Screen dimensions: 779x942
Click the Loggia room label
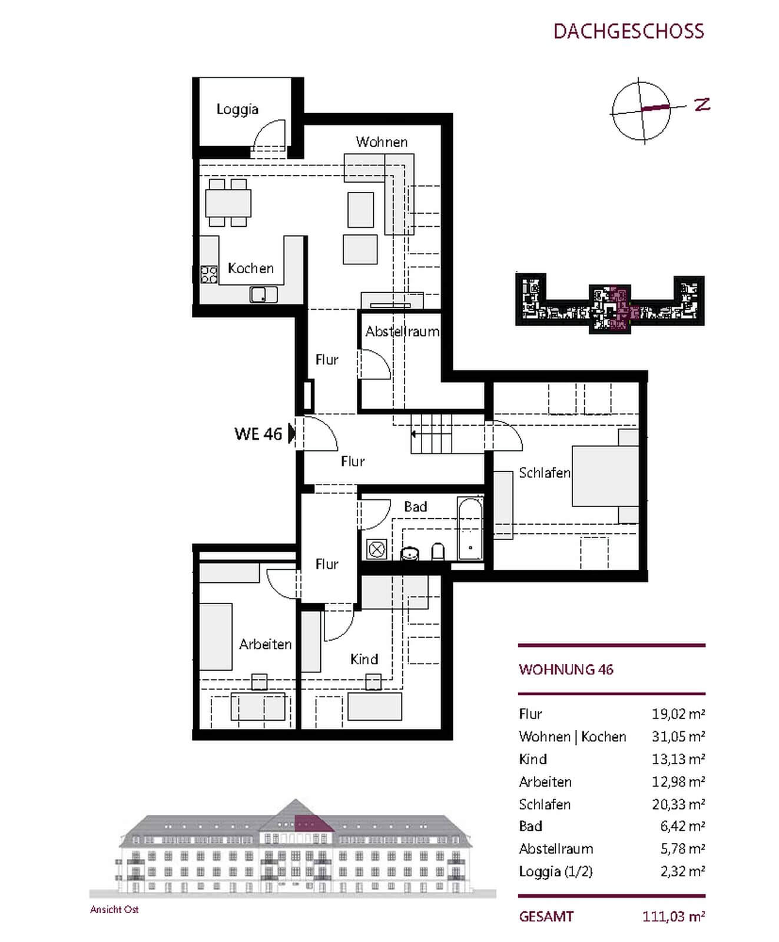pos(237,110)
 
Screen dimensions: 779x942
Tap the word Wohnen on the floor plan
pos(382,142)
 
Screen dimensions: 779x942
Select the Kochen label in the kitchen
pos(251,268)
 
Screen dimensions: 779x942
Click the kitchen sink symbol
pos(263,294)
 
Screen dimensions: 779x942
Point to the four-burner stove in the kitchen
pos(209,274)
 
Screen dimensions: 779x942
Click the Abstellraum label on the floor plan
pos(402,331)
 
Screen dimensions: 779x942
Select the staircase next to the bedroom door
pos(432,433)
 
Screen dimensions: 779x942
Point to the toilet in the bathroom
pos(438,551)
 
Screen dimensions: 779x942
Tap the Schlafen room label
pos(545,473)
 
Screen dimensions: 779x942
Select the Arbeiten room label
pos(266,644)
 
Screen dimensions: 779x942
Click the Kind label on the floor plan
pos(364,659)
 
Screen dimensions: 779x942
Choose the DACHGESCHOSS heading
pos(629,31)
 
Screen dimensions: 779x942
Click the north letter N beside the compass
pos(702,105)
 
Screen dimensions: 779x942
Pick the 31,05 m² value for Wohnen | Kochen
pos(678,737)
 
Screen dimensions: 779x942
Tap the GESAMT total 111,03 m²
pos(674,917)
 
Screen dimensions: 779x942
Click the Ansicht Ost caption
pos(114,910)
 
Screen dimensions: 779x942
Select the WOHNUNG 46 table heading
pos(566,669)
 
